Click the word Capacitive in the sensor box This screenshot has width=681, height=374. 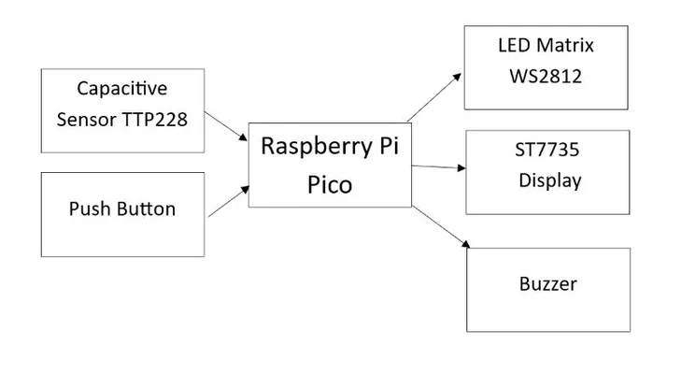tap(122, 89)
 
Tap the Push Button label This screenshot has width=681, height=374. tap(122, 209)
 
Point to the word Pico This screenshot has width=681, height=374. tap(330, 184)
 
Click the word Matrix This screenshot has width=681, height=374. tap(565, 46)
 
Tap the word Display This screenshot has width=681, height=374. tap(549, 180)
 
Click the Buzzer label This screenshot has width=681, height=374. tap(548, 282)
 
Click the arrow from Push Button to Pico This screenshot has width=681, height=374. tap(229, 201)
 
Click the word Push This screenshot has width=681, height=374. tap(89, 209)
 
